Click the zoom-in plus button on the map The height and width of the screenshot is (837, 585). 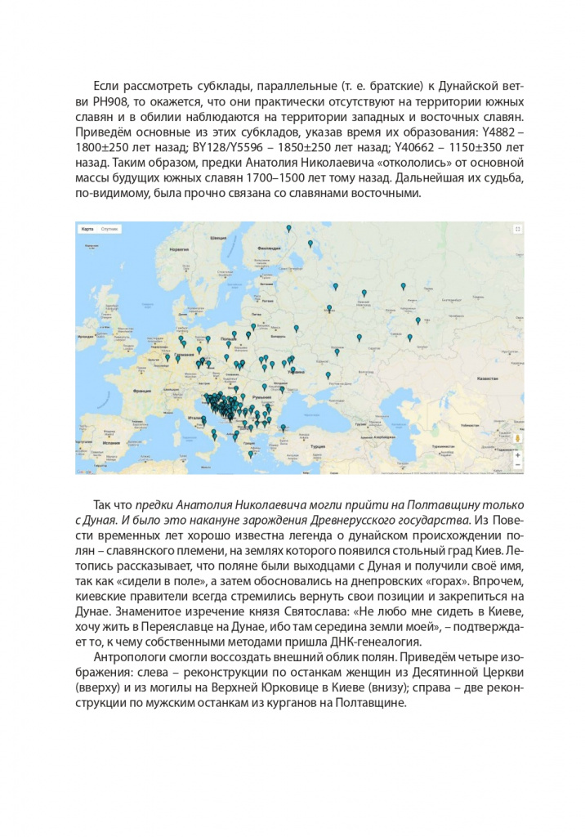(x=517, y=454)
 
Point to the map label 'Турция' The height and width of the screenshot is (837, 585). (x=318, y=446)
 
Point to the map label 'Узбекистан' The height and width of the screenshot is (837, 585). (x=490, y=425)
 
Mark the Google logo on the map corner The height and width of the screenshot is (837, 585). (x=83, y=471)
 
